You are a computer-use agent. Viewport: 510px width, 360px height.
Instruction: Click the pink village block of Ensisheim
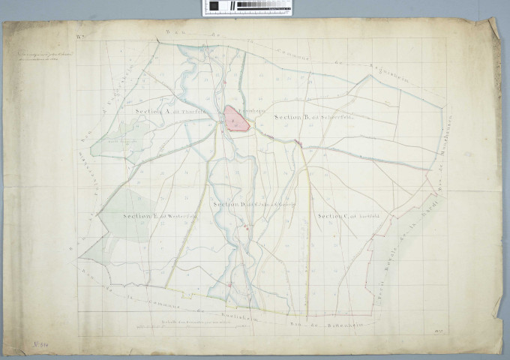[x=236, y=118]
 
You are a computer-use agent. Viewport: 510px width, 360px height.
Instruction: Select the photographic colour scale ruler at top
[x=246, y=7]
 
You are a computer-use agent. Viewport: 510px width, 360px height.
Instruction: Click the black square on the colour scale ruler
[x=214, y=6]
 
